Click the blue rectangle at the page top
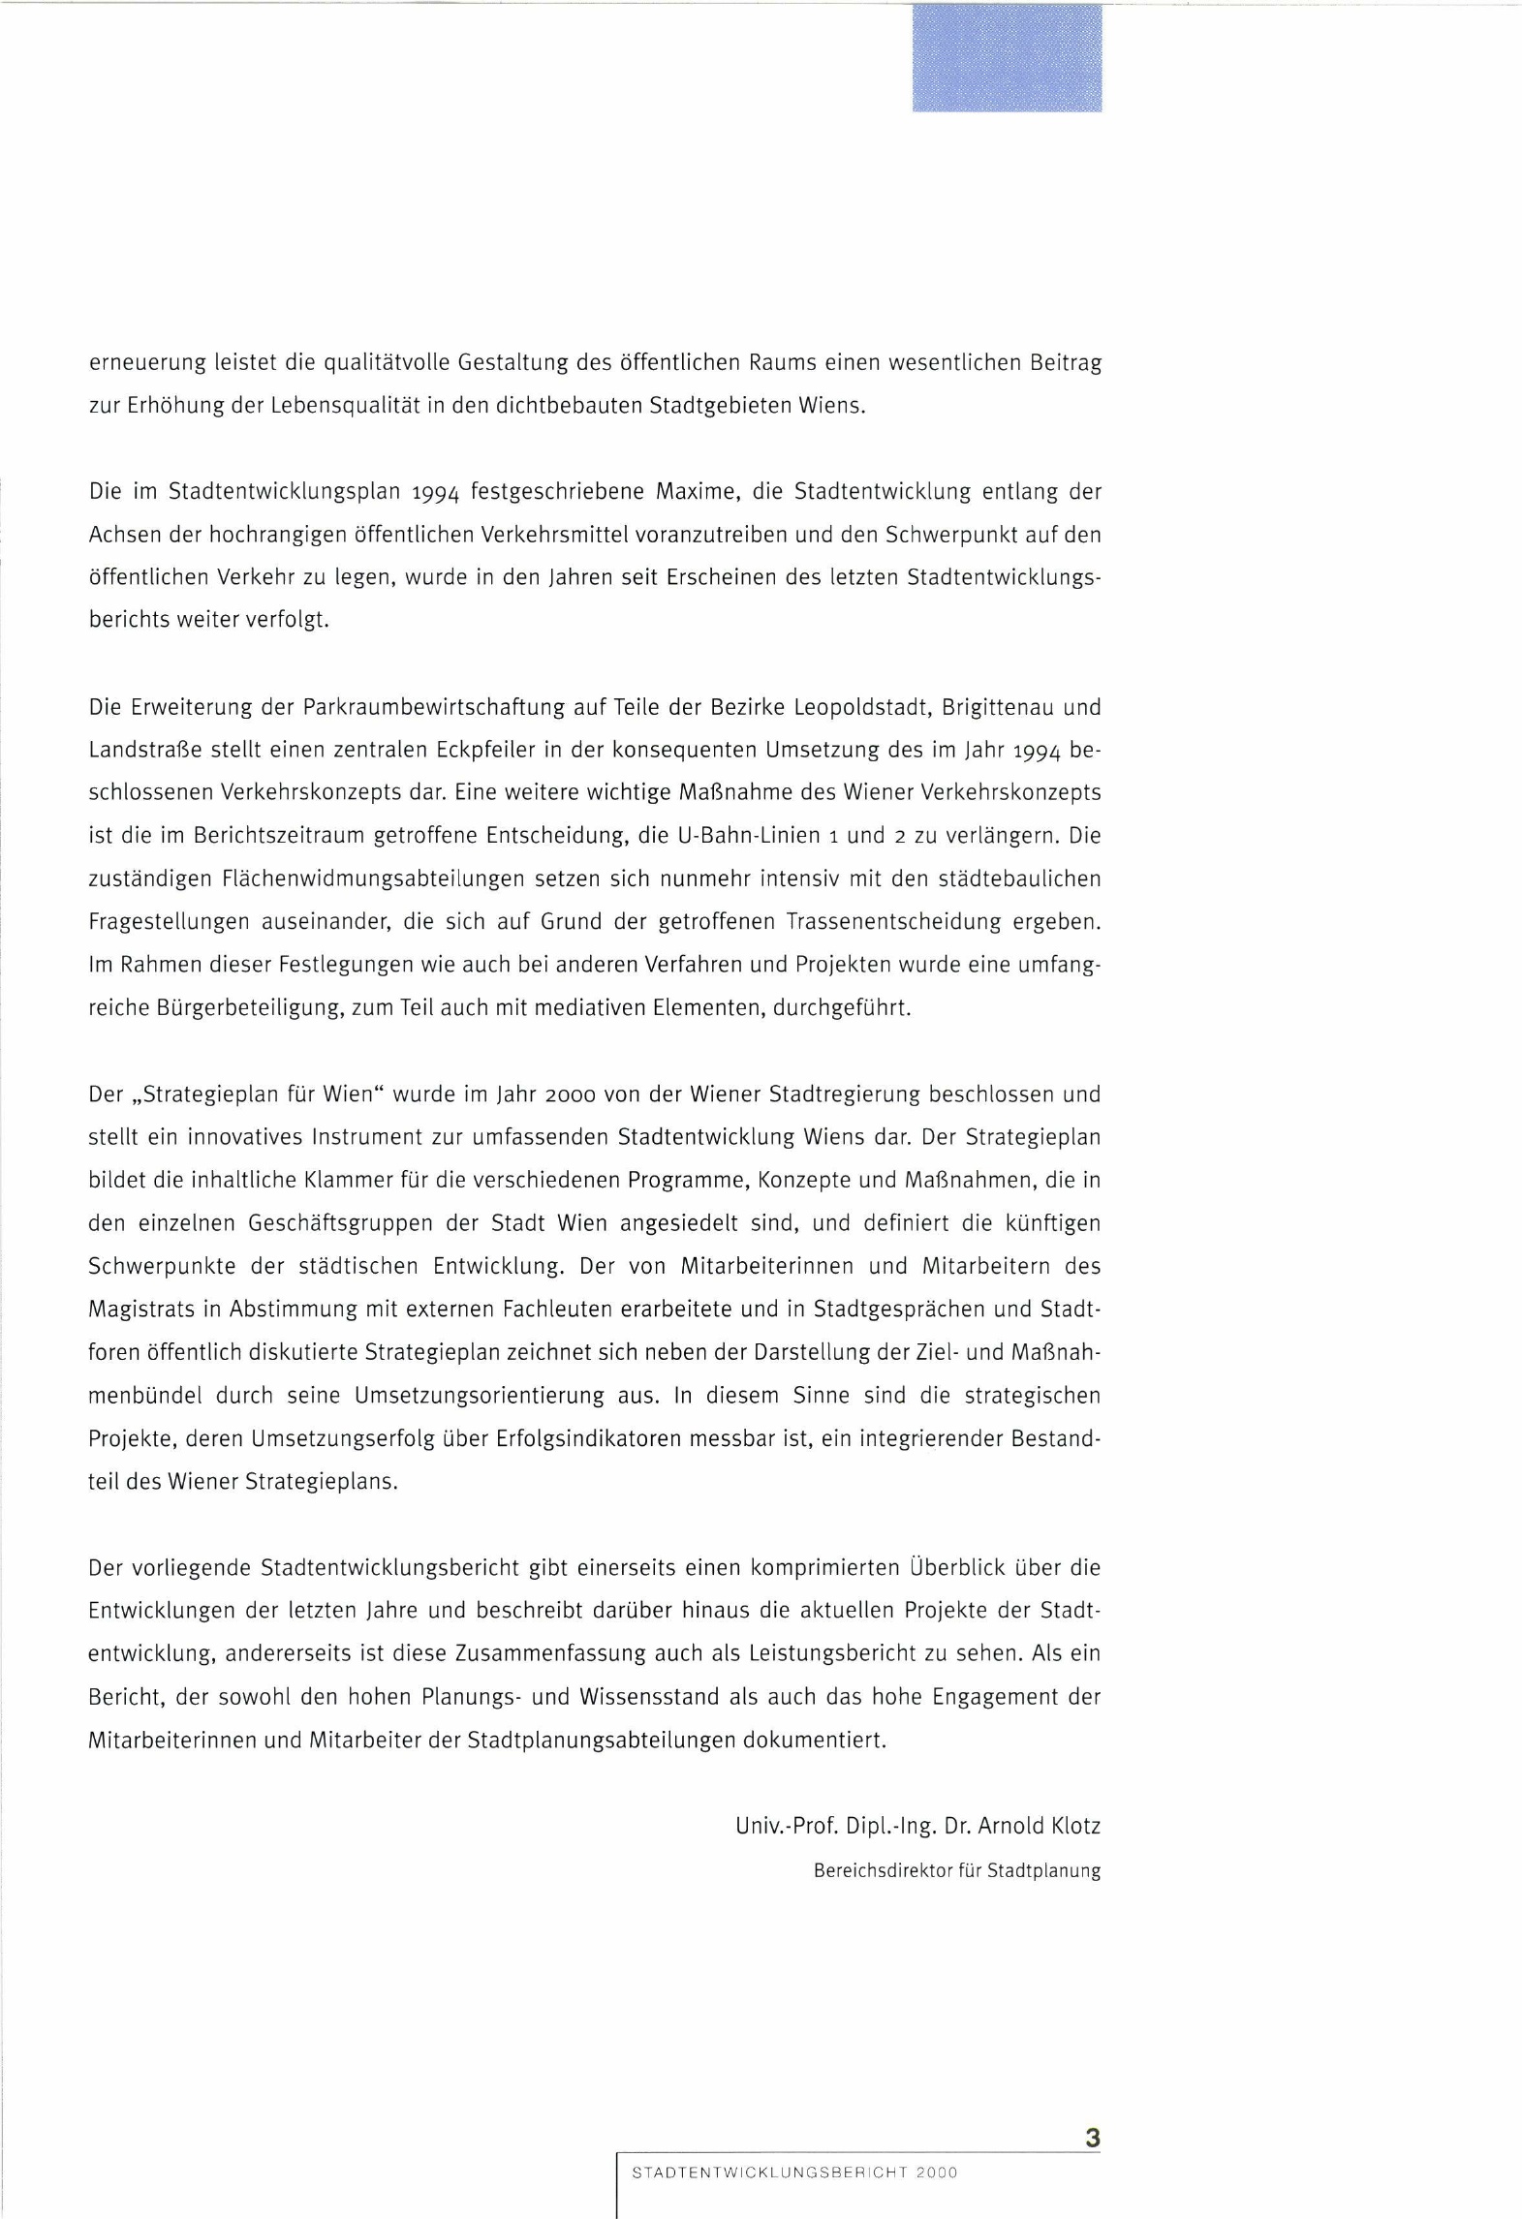[x=1007, y=58]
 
